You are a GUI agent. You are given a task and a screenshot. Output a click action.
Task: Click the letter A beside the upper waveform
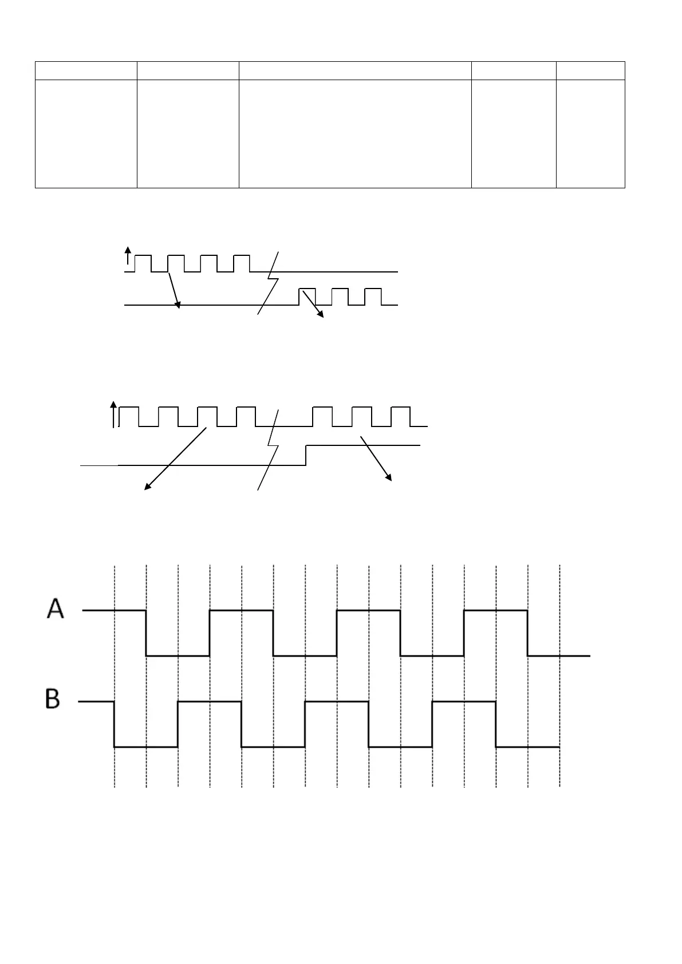[56, 609]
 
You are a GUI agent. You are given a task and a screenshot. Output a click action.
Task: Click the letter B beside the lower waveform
[53, 700]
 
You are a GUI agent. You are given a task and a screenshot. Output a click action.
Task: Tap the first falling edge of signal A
[147, 633]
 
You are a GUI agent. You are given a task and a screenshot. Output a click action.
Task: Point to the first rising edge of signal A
[210, 633]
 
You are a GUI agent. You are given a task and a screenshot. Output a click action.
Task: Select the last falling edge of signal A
[527, 633]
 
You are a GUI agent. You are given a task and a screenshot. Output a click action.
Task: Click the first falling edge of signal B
[115, 724]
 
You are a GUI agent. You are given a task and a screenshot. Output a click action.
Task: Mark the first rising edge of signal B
[178, 724]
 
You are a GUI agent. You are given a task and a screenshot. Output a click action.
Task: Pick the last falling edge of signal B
[496, 724]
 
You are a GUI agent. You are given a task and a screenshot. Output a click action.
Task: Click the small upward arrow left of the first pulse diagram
[128, 255]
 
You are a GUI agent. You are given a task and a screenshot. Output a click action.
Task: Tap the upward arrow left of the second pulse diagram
[113, 414]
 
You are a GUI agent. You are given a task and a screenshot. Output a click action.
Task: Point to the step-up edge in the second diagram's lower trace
[306, 455]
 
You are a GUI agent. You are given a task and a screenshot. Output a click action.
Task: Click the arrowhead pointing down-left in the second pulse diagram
[147, 488]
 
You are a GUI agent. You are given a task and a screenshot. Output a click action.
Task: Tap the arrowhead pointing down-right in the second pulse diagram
[390, 478]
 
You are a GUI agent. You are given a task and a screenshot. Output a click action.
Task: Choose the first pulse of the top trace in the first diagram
[143, 262]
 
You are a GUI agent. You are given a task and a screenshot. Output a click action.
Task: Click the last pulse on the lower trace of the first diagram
[373, 297]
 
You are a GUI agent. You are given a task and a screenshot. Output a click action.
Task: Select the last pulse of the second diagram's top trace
[401, 416]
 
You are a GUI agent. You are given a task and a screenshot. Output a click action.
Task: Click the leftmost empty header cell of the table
[86, 70]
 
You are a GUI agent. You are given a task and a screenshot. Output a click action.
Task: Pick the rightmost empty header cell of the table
[590, 70]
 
